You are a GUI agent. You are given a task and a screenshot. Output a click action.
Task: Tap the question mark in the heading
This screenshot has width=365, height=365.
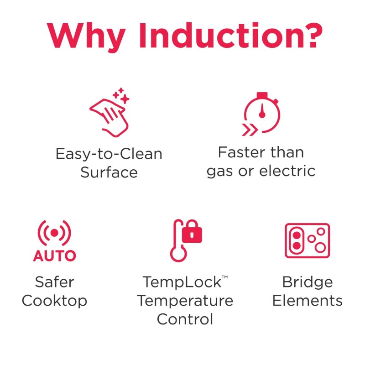(x=308, y=35)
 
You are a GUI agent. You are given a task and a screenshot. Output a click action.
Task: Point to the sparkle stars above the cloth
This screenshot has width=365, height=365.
(x=121, y=95)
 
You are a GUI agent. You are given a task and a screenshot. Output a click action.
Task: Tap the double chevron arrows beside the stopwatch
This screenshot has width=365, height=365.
(x=250, y=130)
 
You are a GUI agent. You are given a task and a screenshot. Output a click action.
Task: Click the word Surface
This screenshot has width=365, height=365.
(x=109, y=172)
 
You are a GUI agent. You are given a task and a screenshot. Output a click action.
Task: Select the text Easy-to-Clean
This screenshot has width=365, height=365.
(x=109, y=154)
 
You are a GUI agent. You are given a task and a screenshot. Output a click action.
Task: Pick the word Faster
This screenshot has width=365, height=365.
(x=242, y=152)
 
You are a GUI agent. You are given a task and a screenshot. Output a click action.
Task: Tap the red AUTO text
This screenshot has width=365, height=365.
(x=55, y=256)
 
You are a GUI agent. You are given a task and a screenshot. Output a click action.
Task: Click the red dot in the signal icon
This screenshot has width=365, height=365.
(x=54, y=233)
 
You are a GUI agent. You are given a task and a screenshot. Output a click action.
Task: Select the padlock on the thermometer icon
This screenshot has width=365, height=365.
(x=192, y=231)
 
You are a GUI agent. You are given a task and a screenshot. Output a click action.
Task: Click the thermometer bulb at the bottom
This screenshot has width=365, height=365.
(x=178, y=254)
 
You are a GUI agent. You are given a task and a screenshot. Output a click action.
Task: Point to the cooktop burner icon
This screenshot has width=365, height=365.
(x=307, y=241)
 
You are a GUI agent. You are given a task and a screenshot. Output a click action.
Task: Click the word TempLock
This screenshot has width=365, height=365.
(x=182, y=282)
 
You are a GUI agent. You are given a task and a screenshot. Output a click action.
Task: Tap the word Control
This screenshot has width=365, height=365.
(x=185, y=319)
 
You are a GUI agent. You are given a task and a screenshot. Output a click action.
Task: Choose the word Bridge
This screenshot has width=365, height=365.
(x=308, y=282)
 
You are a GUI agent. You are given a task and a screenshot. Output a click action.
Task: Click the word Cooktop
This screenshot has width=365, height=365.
(x=54, y=301)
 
